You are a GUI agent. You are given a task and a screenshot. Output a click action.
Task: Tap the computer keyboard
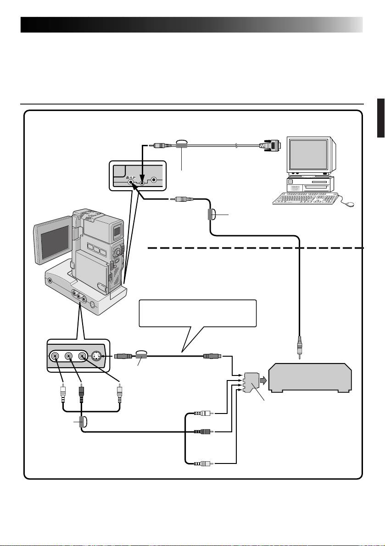pyautogui.click(x=304, y=199)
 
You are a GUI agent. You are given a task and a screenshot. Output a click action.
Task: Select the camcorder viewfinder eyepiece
pyautogui.click(x=117, y=232)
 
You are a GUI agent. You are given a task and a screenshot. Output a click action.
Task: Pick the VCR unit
pyautogui.click(x=310, y=379)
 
